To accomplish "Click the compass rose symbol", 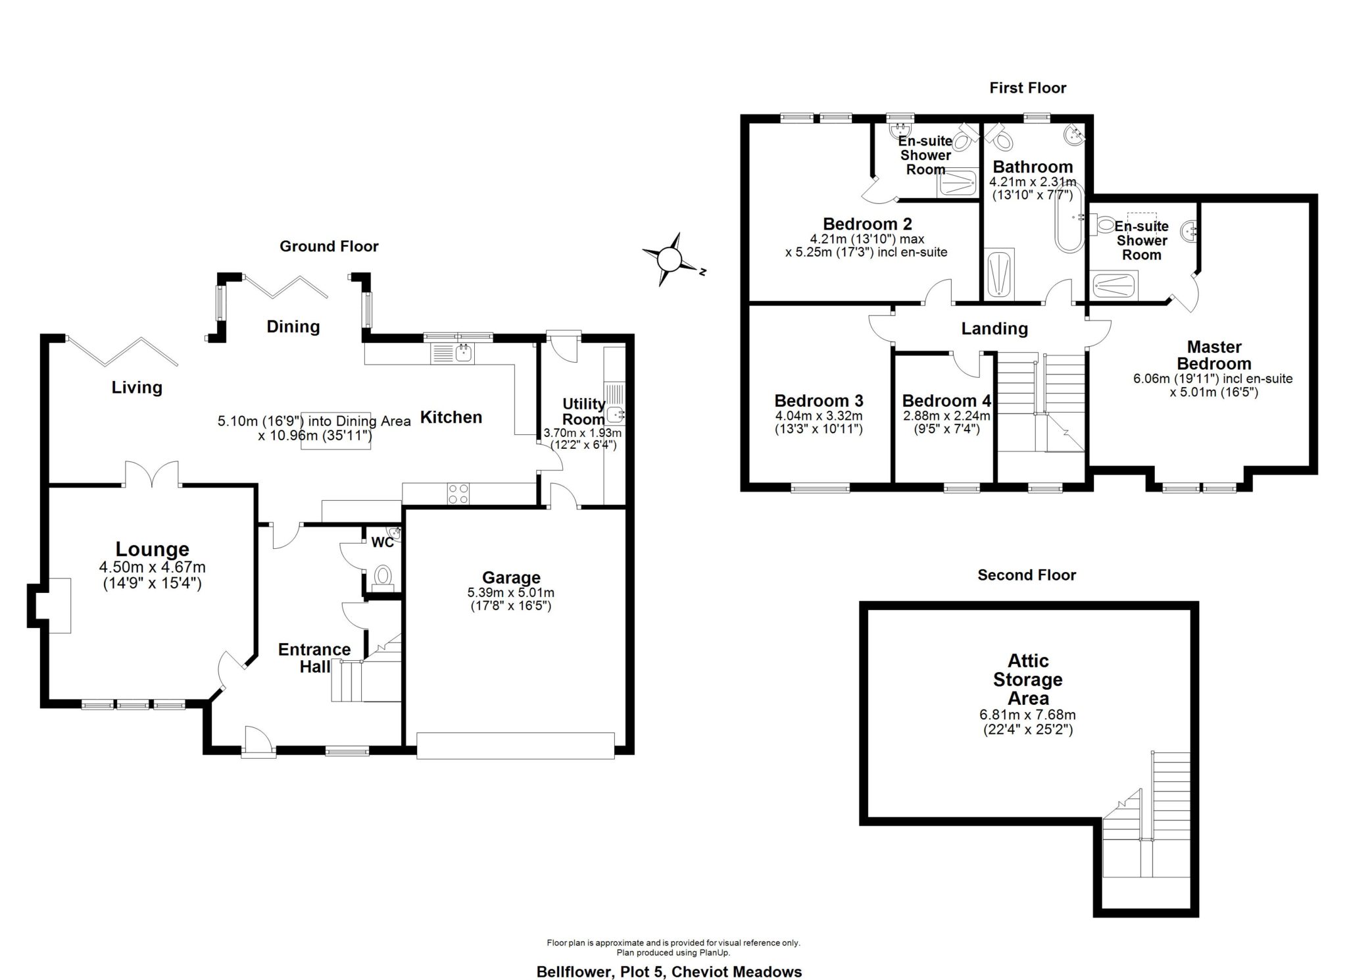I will [x=670, y=259].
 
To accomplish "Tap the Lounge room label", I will [x=152, y=549].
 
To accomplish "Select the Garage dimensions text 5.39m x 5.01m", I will [x=511, y=593].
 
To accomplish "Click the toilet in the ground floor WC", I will [x=382, y=577].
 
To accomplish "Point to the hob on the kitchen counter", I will [x=458, y=494].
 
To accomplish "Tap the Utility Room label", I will [x=583, y=411].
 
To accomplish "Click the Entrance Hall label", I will [x=314, y=658].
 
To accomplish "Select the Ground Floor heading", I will [x=329, y=246].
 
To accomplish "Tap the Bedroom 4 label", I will [x=946, y=401].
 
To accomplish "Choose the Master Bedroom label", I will [x=1213, y=355].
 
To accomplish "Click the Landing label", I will [x=994, y=328].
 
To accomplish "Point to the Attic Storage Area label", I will [x=1027, y=679].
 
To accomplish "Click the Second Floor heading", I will [x=1026, y=575].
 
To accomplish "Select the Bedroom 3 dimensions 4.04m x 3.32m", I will [x=818, y=416].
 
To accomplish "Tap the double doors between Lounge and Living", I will [x=152, y=475].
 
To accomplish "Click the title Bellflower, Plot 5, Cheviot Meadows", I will [x=669, y=971].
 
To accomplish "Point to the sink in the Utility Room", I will [x=616, y=415].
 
